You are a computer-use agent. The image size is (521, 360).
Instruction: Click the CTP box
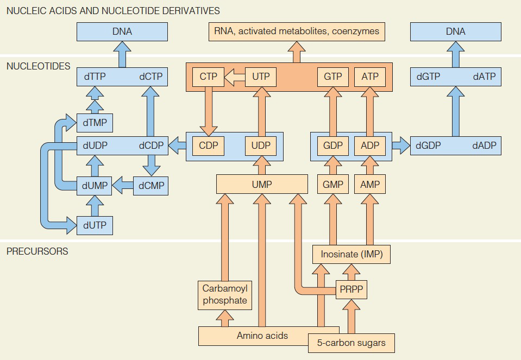pos(208,77)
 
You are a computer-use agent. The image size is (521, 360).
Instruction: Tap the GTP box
pos(332,77)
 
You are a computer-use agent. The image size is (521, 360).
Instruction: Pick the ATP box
pos(370,77)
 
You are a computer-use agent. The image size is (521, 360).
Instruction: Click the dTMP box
pos(95,123)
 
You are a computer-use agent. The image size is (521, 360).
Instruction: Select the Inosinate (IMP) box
pos(351,254)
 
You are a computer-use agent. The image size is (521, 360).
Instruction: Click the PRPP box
pos(351,290)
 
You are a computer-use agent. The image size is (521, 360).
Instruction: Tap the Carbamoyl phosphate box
pos(224,295)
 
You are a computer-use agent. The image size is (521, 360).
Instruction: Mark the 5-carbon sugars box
pos(351,343)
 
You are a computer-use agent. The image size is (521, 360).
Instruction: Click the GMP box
pos(332,185)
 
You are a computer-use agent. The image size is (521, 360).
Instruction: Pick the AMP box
pos(370,185)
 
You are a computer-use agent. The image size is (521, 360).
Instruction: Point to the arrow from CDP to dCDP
pos(177,146)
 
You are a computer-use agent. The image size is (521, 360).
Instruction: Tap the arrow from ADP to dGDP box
pos(401,146)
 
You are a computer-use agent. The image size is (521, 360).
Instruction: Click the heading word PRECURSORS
pos(37,251)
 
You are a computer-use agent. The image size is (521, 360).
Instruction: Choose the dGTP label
pos(428,77)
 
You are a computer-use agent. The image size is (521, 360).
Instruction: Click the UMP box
pos(261,185)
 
